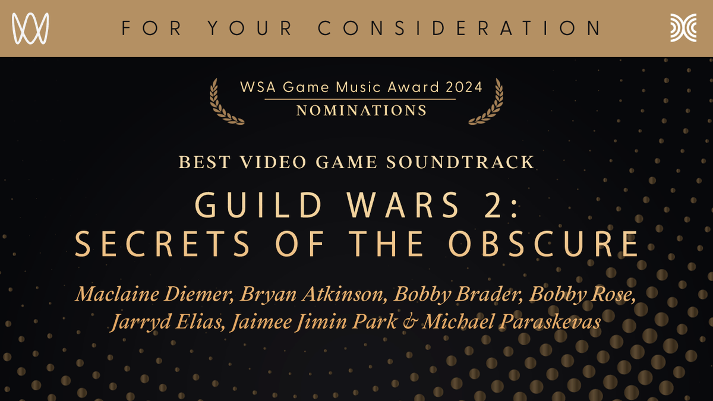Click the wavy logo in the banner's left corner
(30, 28)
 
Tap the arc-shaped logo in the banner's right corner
(683, 28)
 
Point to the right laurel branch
(486, 102)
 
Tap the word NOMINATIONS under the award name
(361, 110)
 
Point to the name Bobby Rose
(582, 295)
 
